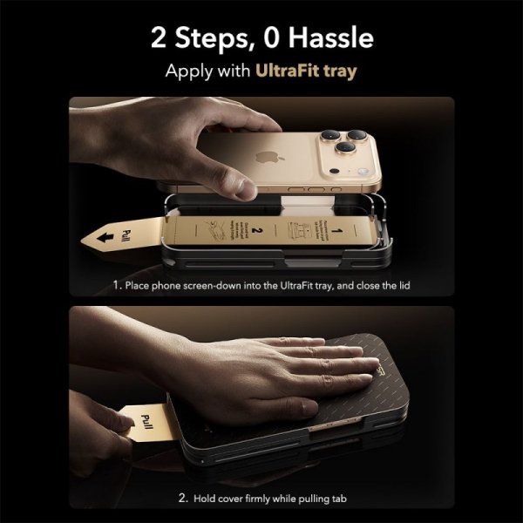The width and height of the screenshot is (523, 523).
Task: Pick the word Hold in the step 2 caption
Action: (x=207, y=499)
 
